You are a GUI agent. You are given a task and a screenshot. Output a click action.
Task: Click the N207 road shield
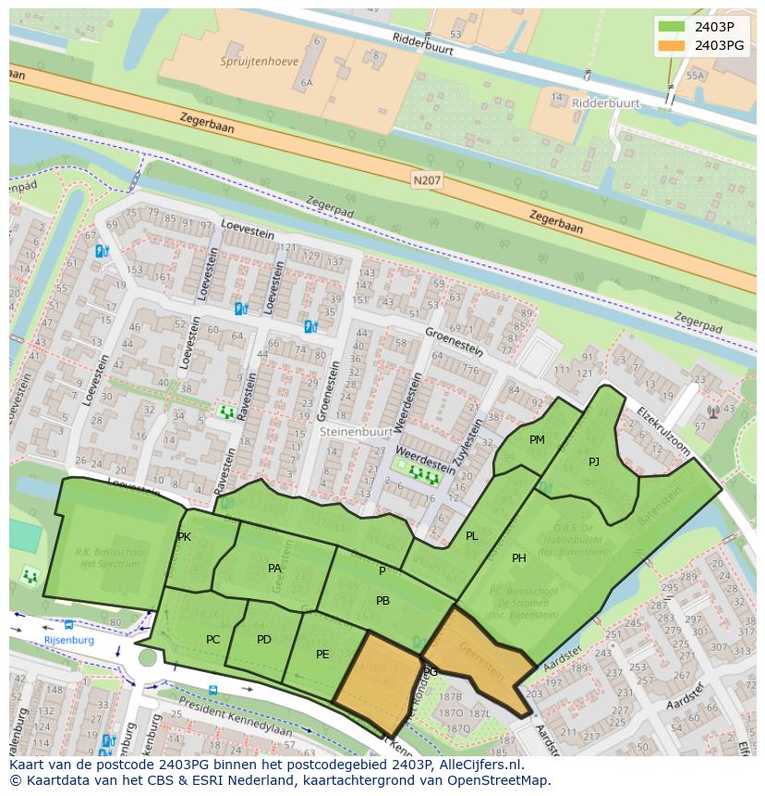pos(427,180)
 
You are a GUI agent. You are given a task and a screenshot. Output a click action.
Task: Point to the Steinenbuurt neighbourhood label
pos(357,431)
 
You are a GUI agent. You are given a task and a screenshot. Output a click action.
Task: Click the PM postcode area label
pos(537,440)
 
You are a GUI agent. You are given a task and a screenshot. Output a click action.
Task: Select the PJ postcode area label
pos(594,461)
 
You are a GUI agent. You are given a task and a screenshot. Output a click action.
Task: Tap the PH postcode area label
pos(519,558)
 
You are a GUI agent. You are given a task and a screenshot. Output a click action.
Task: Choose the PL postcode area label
pos(472,536)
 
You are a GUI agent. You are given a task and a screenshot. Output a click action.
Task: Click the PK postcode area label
pos(184,537)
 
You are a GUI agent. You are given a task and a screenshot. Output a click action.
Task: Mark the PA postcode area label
pos(274,569)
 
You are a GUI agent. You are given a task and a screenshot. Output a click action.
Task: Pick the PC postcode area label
pos(213,639)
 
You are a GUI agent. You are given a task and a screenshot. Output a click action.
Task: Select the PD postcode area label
pos(264,639)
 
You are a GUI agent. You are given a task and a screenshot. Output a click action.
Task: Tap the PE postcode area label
pos(322,655)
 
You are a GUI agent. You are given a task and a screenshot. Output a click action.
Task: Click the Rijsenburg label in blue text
pos(69,640)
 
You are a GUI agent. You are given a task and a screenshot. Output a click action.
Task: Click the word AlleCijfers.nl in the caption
pos(479,765)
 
